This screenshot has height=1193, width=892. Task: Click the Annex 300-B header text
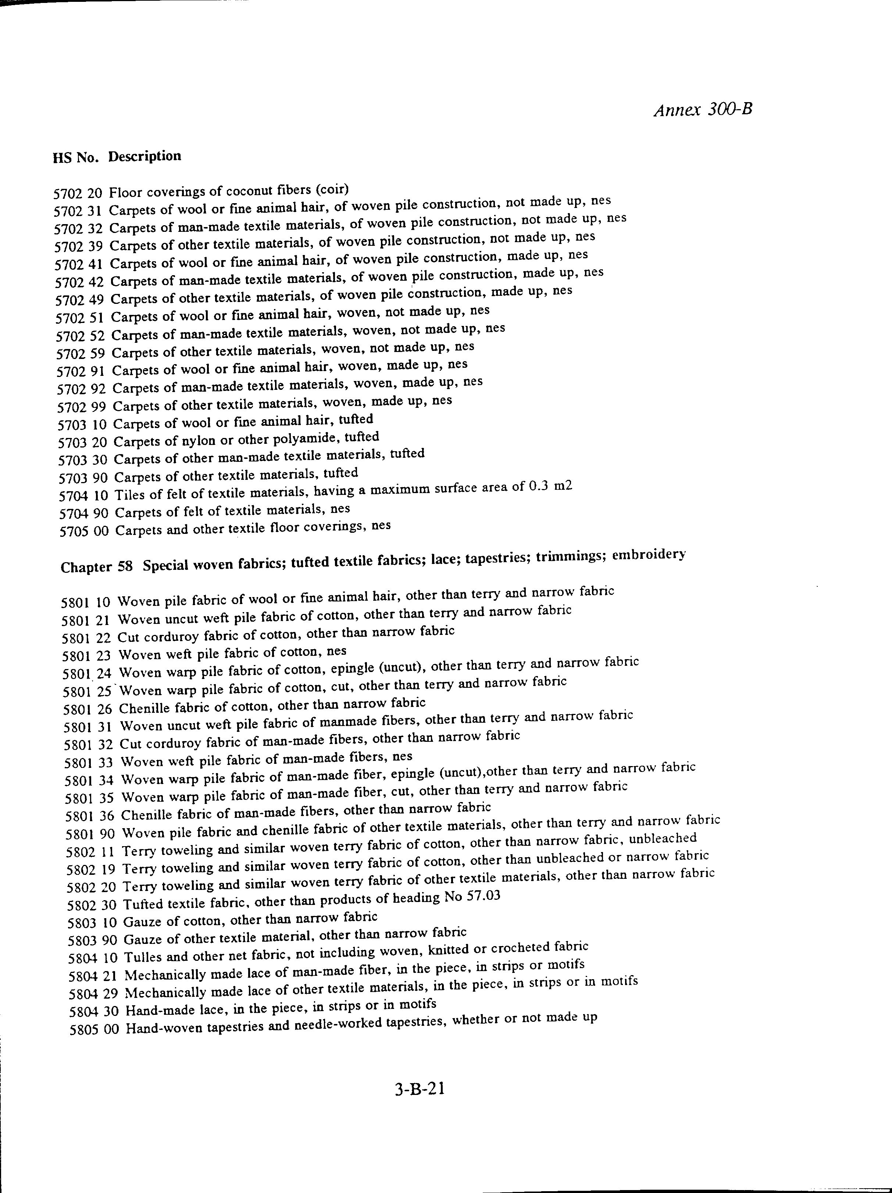[703, 109]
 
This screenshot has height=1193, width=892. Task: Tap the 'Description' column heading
[144, 157]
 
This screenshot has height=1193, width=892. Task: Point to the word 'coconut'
[248, 191]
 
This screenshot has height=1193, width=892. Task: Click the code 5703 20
[83, 443]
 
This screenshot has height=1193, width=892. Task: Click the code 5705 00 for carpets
[84, 531]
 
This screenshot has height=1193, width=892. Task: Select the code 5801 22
[86, 638]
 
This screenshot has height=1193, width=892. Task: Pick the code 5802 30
[92, 905]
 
